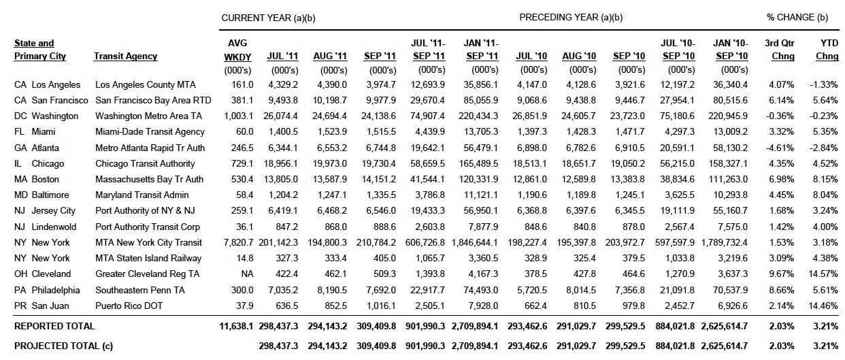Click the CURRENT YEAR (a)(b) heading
click(268, 18)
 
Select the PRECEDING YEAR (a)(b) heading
click(571, 18)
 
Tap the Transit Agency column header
click(125, 56)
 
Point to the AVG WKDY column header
click(237, 50)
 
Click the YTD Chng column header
click(827, 50)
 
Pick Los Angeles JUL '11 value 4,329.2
click(283, 84)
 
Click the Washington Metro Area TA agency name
click(148, 116)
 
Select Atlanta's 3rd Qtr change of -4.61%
click(780, 148)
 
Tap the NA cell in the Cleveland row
click(247, 274)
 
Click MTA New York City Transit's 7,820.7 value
click(238, 242)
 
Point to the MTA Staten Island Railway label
click(148, 258)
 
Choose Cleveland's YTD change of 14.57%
click(823, 274)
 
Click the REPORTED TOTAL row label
click(54, 326)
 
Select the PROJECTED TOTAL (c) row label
click(63, 346)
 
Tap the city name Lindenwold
click(54, 227)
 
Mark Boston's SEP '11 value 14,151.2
click(378, 179)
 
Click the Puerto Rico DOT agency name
click(129, 306)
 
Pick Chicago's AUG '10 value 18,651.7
click(579, 163)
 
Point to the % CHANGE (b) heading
click(797, 18)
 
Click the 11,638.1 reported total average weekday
click(236, 326)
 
